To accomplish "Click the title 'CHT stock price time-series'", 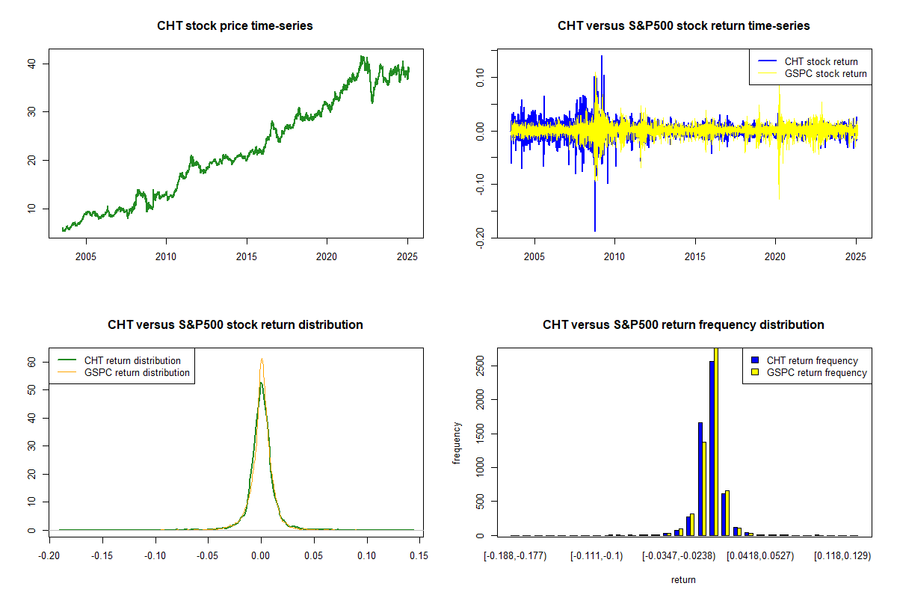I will click(x=235, y=26).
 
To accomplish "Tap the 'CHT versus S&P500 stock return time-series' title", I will click(x=683, y=26).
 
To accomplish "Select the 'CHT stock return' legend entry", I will click(x=821, y=61).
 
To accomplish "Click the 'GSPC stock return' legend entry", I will click(x=825, y=73).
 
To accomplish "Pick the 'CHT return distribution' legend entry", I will click(x=132, y=360).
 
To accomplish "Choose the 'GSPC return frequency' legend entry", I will click(x=816, y=372).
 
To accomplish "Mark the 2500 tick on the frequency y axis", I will click(x=476, y=368).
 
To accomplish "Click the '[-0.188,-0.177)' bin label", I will click(x=516, y=556).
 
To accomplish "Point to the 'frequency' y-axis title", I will click(x=457, y=443).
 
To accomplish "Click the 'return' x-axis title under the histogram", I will click(x=683, y=579).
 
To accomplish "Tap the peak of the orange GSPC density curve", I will click(x=262, y=359).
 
